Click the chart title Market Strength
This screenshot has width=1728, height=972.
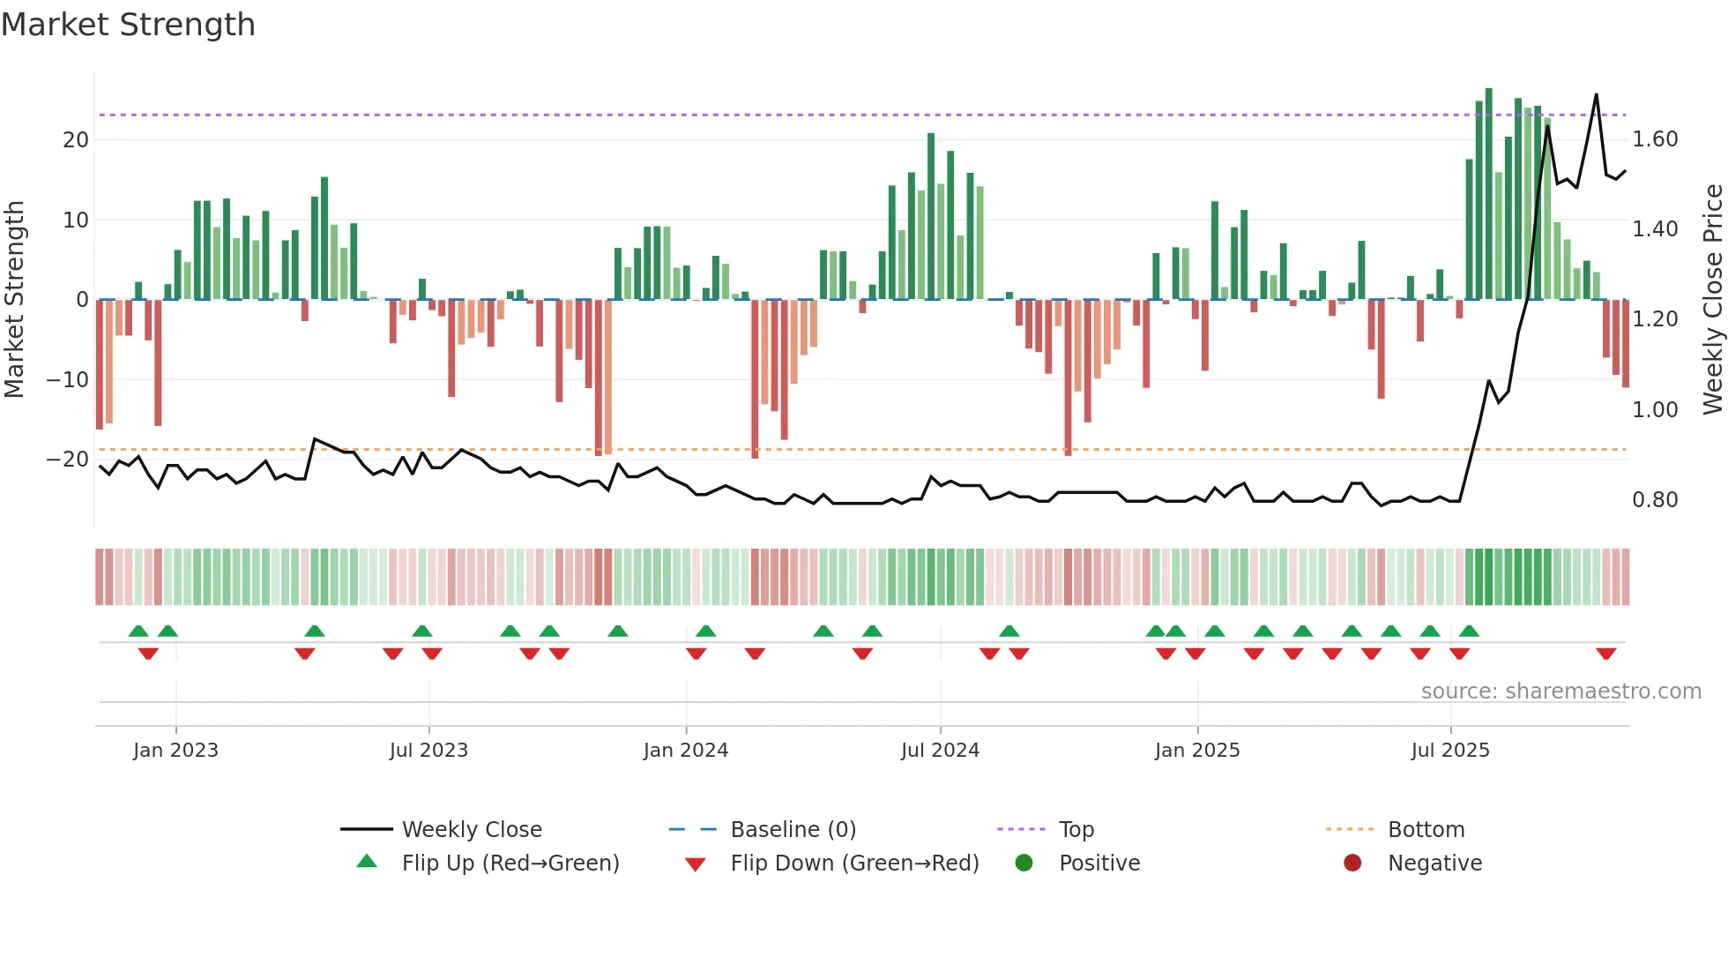pos(128,25)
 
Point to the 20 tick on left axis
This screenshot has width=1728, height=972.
pos(76,139)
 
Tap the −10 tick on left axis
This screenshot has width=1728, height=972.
pos(68,379)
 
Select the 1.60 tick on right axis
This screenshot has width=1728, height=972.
pos(1655,139)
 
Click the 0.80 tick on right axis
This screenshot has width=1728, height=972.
pos(1655,500)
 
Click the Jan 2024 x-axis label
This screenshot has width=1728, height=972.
pos(685,751)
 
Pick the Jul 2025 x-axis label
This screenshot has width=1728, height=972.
pos(1449,751)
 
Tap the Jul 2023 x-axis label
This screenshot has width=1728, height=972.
pos(428,751)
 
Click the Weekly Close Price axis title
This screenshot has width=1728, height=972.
pos(1712,299)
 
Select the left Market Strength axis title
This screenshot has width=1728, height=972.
pos(14,299)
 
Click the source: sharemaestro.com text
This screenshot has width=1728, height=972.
pos(1560,692)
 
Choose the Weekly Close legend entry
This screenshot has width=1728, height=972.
pos(471,830)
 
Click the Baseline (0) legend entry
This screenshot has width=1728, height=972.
pos(793,830)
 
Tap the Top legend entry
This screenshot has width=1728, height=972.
pos(1076,830)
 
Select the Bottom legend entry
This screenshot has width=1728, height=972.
pos(1426,830)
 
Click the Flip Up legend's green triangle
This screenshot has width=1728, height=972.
pos(367,862)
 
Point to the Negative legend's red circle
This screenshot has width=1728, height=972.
pos(1352,863)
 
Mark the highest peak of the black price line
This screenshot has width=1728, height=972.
pos(1596,95)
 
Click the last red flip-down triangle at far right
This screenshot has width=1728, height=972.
pos(1605,654)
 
